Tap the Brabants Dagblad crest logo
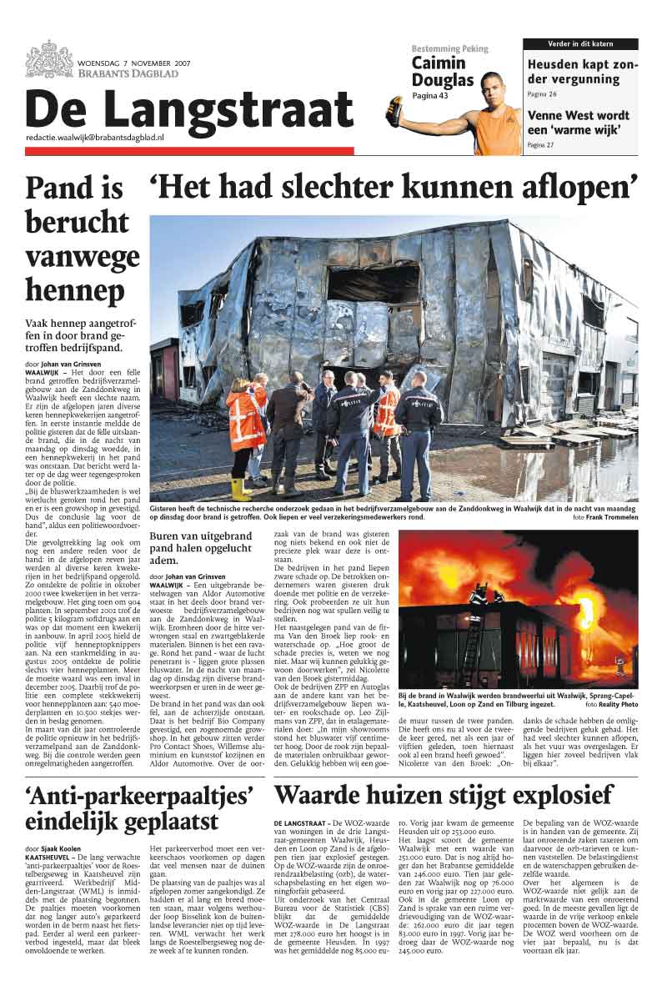(49, 59)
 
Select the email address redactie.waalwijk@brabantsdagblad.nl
(94, 136)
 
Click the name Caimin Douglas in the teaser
(443, 73)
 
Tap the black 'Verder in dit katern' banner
(580, 43)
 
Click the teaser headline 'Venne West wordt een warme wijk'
(580, 123)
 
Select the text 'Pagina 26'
(542, 94)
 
